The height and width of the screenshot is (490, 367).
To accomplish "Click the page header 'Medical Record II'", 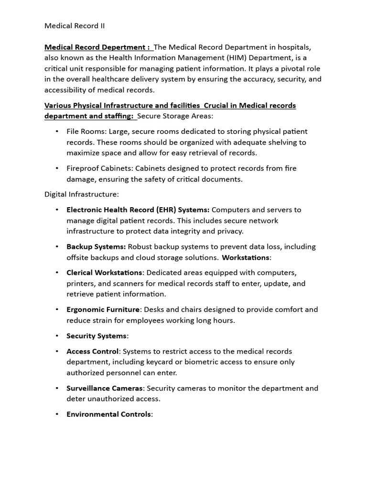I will coord(75,26).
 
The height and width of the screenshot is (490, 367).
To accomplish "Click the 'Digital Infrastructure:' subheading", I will coord(82,194).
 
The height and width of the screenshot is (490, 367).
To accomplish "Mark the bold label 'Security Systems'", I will coord(97,336).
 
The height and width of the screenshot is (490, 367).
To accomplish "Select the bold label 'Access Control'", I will coord(92,351).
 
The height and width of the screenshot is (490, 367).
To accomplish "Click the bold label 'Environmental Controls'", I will coord(108,414).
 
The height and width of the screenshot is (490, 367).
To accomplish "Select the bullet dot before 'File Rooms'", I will coord(57,132).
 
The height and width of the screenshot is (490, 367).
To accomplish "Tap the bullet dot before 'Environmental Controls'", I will coord(57,414).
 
